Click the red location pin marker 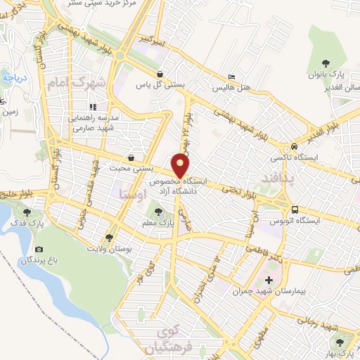[181, 164]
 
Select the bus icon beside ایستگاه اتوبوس [295, 209]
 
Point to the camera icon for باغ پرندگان [39, 250]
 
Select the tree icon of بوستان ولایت [108, 237]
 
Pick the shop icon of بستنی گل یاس [160, 73]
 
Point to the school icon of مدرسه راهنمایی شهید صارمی [92, 106]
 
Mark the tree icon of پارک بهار [340, 342]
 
